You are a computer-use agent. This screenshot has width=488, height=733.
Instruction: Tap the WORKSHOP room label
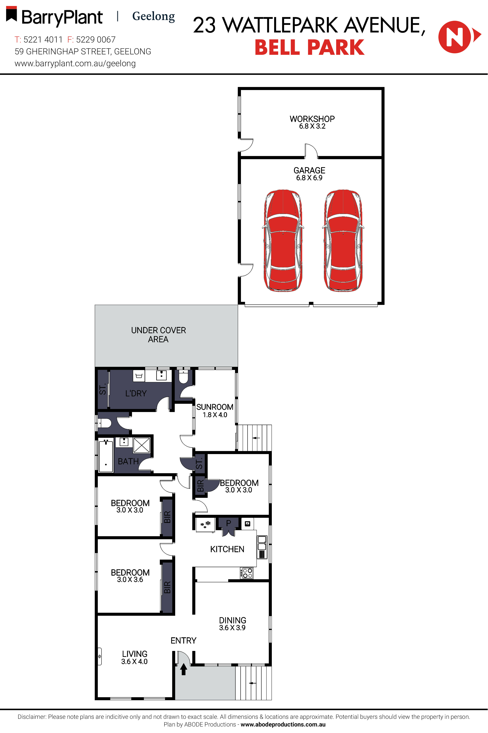(312, 119)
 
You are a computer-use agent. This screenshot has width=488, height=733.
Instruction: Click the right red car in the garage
(343, 240)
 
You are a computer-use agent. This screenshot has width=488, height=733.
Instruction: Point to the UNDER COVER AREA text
(158, 335)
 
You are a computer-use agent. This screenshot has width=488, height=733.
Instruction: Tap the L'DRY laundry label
(136, 394)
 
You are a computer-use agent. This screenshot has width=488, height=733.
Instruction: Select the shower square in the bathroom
(142, 445)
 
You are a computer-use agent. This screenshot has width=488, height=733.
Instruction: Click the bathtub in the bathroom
(106, 455)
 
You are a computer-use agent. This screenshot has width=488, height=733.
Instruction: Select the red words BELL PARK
(309, 48)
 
